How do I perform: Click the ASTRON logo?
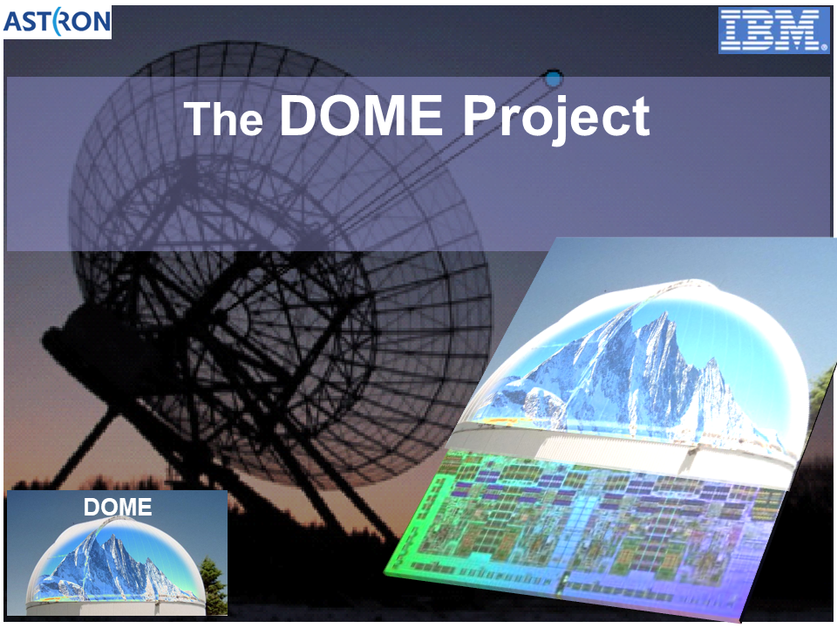tap(58, 22)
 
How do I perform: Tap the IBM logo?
tap(774, 31)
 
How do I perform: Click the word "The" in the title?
tap(224, 118)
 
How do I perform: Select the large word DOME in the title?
tap(361, 115)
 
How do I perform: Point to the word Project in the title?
tap(557, 119)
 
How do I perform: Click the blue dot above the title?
tap(555, 79)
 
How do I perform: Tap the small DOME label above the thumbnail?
tap(118, 507)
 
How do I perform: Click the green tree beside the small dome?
tap(214, 586)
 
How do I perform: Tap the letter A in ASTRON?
tap(13, 22)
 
